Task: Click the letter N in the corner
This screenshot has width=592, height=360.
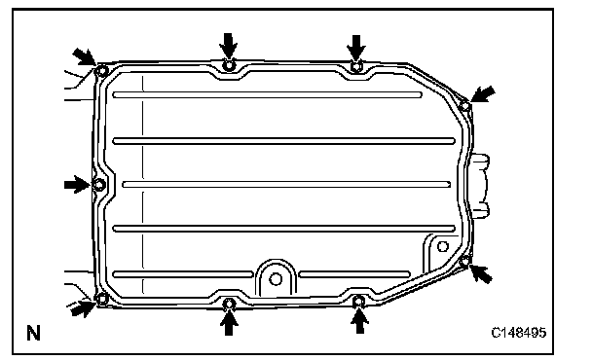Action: pyautogui.click(x=33, y=333)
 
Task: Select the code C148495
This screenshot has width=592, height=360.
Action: pyautogui.click(x=518, y=333)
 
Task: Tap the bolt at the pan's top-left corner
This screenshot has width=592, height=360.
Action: pyautogui.click(x=101, y=71)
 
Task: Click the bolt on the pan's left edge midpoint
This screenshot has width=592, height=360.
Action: pyautogui.click(x=99, y=185)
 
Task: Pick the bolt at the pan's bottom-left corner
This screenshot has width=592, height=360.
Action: pyautogui.click(x=102, y=300)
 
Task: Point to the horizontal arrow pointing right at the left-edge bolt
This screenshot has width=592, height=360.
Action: pyautogui.click(x=77, y=185)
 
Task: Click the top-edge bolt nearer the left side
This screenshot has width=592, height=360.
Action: pyautogui.click(x=229, y=65)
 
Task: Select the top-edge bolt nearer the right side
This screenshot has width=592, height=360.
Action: pyautogui.click(x=356, y=66)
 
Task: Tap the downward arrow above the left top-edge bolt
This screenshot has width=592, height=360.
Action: pyautogui.click(x=229, y=46)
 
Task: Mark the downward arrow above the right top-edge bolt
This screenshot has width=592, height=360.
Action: pyautogui.click(x=356, y=47)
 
